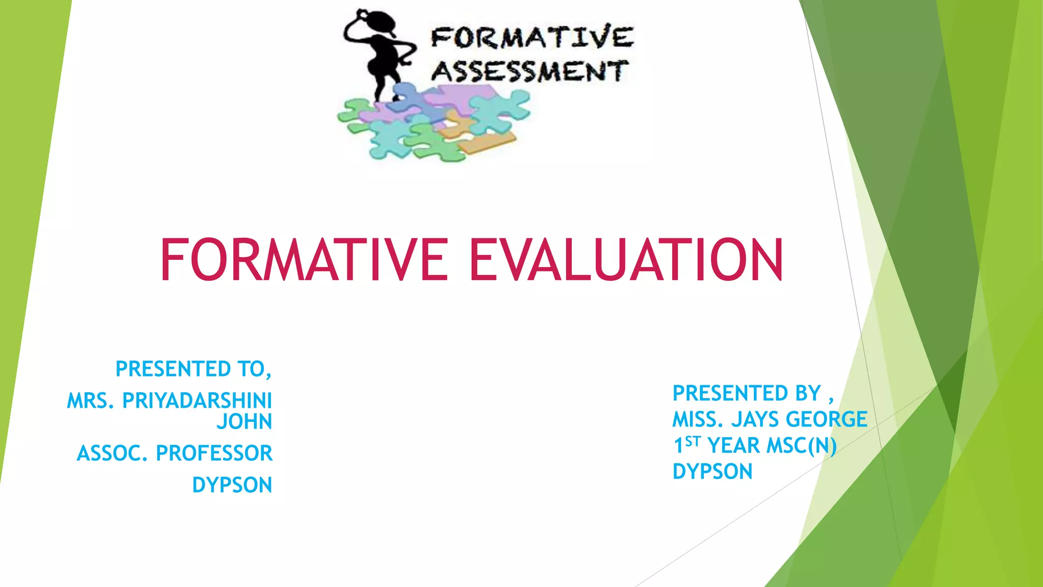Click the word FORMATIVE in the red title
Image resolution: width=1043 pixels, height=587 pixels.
[x=304, y=260]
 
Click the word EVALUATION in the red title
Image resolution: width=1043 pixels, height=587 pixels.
[x=626, y=260]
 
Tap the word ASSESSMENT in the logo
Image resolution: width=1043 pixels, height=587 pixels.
[x=530, y=71]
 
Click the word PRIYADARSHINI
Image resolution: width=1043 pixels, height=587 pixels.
[x=197, y=401]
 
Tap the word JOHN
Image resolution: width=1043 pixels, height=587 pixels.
[x=244, y=422]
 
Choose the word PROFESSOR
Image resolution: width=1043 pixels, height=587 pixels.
[x=214, y=453]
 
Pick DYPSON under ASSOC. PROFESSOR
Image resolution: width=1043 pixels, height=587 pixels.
[x=232, y=485]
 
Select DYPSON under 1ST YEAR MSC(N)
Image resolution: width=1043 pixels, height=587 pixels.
[x=712, y=472]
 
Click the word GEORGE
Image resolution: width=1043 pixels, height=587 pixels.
[x=826, y=419]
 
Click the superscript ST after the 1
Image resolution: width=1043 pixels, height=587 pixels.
[x=693, y=441]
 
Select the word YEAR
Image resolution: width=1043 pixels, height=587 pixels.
[x=734, y=446]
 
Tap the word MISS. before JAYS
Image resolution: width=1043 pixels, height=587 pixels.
[x=698, y=419]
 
